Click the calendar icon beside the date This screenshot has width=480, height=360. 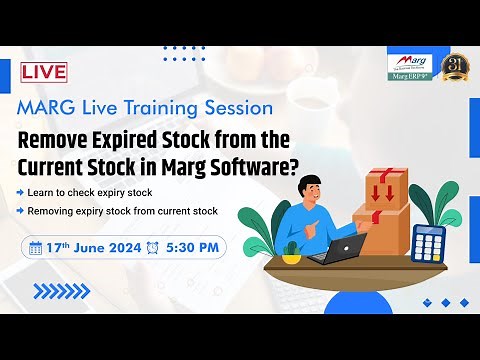point(36,248)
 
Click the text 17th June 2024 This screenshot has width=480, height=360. point(92,248)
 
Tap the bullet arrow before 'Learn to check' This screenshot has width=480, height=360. point(21,191)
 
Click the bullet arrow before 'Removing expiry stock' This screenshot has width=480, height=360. point(21,212)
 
